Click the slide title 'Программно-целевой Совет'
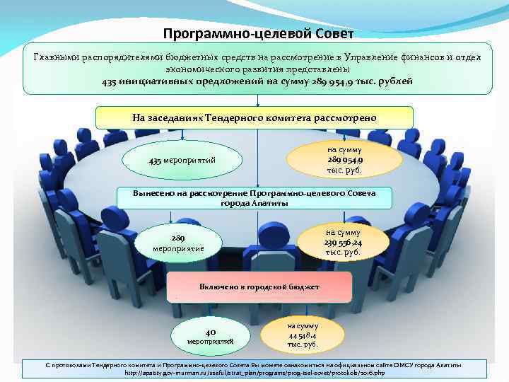pyautogui.click(x=258, y=34)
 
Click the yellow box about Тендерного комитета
pyautogui.click(x=254, y=117)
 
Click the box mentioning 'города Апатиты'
pyautogui.click(x=254, y=197)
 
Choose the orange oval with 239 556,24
pyautogui.click(x=343, y=243)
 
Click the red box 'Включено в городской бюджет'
pyautogui.click(x=259, y=288)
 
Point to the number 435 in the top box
pyautogui.click(x=110, y=81)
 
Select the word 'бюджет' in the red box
pyautogui.click(x=304, y=288)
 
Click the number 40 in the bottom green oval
pyautogui.click(x=210, y=331)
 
